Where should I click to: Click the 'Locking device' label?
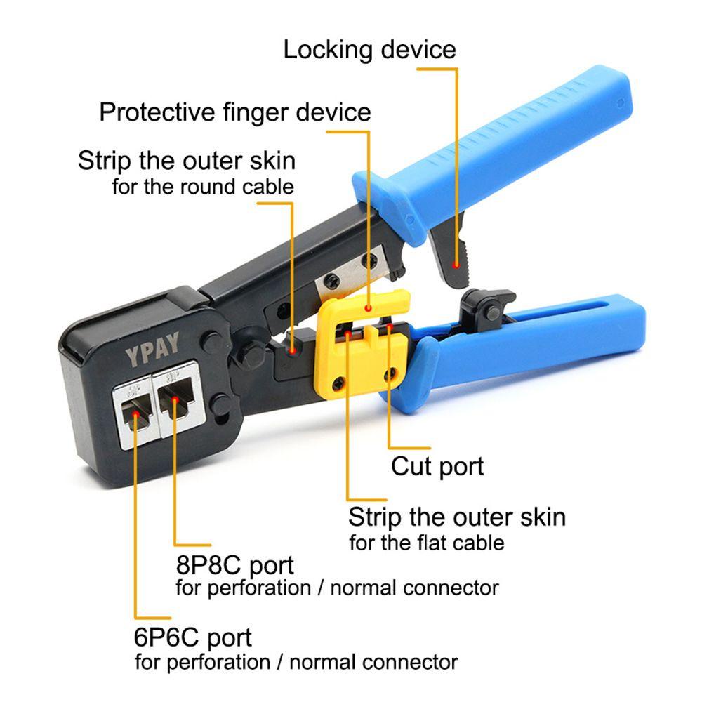tap(369, 50)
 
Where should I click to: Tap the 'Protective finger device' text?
tap(234, 112)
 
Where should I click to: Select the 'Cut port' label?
tap(437, 466)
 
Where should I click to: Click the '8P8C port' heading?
tap(234, 564)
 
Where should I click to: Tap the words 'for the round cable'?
tap(203, 187)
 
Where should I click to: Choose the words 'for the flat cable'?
tap(427, 543)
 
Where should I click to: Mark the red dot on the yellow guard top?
tap(369, 307)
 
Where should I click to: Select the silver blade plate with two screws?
tap(343, 268)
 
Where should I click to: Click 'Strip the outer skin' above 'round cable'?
tap(187, 160)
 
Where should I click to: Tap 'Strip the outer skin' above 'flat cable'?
tap(456, 517)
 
